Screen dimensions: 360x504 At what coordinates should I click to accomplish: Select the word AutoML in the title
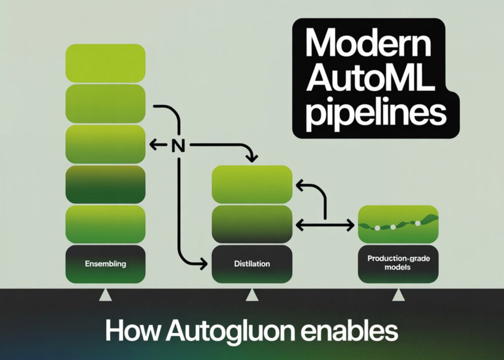[x=370, y=80]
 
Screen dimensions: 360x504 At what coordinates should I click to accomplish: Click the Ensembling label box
[x=105, y=264]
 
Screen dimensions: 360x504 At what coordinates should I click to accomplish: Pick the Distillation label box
[x=252, y=264]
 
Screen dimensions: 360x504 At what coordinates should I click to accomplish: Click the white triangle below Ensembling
[x=105, y=295]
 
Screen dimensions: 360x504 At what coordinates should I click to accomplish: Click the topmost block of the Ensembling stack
[x=105, y=63]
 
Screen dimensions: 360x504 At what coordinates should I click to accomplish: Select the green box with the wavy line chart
[x=398, y=224]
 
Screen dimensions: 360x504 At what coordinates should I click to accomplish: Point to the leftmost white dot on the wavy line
[x=377, y=228]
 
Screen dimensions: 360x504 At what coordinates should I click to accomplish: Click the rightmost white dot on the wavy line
[x=418, y=223]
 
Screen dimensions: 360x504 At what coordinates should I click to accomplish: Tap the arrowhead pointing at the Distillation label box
[x=203, y=264]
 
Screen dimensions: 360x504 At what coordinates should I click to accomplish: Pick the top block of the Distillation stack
[x=252, y=184]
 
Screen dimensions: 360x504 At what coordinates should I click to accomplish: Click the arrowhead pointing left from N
[x=152, y=145]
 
